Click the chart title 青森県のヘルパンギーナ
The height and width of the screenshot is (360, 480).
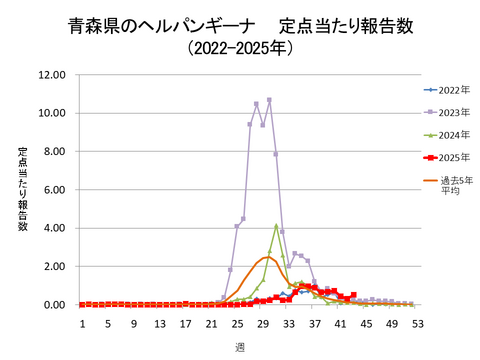click(160, 24)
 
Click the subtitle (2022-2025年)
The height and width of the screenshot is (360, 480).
click(241, 47)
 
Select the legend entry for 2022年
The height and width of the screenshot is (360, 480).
click(451, 90)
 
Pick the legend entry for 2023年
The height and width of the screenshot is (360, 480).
click(451, 113)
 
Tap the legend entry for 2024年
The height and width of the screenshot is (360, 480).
click(451, 135)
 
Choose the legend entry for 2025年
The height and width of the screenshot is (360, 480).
click(451, 158)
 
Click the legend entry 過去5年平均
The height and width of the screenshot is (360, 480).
click(451, 185)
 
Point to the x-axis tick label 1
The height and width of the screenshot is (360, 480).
click(82, 324)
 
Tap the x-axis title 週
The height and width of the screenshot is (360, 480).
click(240, 346)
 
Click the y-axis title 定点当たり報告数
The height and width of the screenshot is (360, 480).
click(22, 189)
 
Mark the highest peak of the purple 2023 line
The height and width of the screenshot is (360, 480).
click(269, 100)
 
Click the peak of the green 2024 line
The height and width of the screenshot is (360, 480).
click(276, 226)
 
